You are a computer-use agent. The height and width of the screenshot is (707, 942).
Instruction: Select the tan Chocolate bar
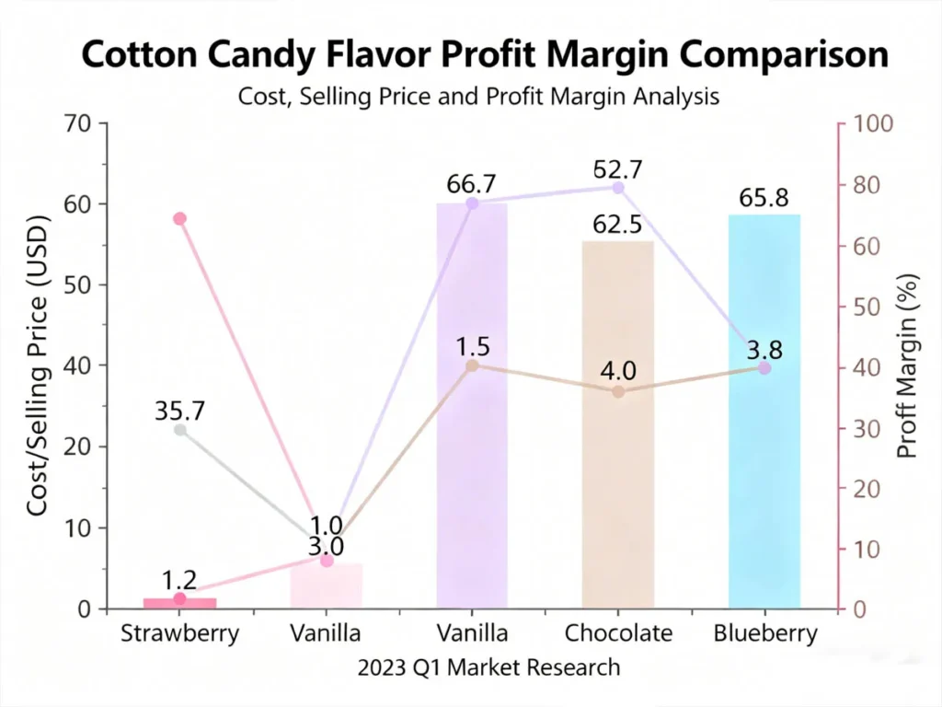tap(617, 423)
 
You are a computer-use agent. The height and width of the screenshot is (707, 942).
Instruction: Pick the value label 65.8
tap(764, 198)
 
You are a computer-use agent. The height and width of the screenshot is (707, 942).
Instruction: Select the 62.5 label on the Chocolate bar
tap(617, 224)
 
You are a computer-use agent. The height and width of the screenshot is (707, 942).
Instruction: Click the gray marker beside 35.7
tap(180, 430)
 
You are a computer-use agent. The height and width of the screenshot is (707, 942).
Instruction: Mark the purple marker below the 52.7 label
tap(617, 187)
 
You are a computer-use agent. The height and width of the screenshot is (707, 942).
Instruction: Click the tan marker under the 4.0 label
tap(618, 391)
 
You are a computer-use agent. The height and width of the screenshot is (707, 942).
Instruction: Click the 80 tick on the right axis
tap(863, 185)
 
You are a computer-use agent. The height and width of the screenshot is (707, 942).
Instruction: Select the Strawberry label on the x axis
tap(179, 633)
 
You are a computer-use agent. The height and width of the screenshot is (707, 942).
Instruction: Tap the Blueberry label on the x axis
tap(764, 633)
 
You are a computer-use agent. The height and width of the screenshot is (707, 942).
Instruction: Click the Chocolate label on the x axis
tap(618, 633)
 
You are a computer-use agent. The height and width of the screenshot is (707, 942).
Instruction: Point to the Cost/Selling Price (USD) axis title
tap(38, 365)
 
